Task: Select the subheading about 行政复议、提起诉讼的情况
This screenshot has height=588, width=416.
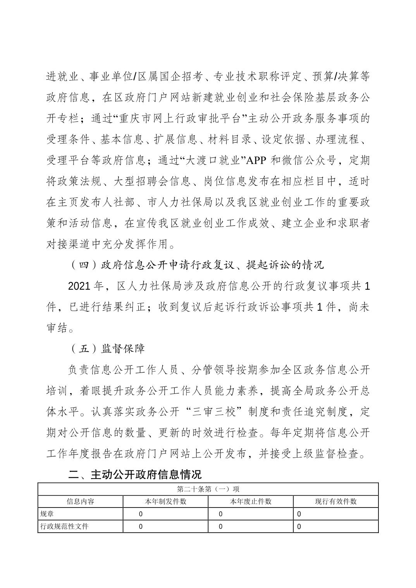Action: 196,265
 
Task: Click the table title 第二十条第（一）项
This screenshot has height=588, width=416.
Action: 208,489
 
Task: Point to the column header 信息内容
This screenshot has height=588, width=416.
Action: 81,501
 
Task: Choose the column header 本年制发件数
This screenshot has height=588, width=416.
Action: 166,501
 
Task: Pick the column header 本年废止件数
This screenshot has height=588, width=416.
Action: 251,501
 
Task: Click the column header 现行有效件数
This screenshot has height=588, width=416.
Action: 336,501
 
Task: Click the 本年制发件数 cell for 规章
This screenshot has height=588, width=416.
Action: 141,514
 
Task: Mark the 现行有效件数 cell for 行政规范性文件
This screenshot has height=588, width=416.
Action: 299,526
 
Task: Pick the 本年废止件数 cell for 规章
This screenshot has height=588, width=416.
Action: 221,514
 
